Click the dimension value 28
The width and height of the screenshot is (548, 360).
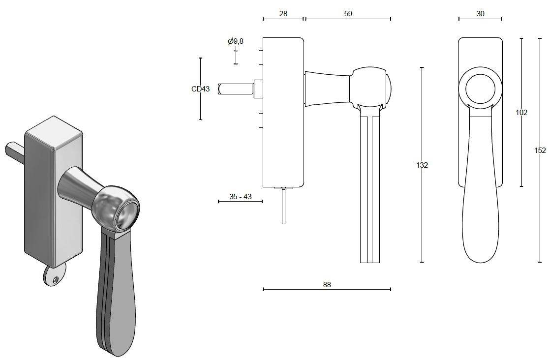tap(283, 14)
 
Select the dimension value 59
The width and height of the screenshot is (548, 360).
tap(348, 14)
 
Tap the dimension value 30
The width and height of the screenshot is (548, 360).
tap(480, 14)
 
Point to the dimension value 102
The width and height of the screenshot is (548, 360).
tap(521, 113)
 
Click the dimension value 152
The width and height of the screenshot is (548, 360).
tap(540, 150)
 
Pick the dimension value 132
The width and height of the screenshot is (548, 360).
tap(422, 165)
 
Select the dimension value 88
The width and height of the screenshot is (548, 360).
tap(327, 284)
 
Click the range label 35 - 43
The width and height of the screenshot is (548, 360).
tap(241, 197)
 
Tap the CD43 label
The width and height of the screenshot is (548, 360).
tap(200, 89)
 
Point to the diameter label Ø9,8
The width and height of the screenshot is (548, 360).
tap(236, 42)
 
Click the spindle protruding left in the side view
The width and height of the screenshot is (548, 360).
tap(235, 89)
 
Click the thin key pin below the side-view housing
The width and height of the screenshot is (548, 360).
tap(283, 207)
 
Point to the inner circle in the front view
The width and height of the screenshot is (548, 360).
tap(480, 88)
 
